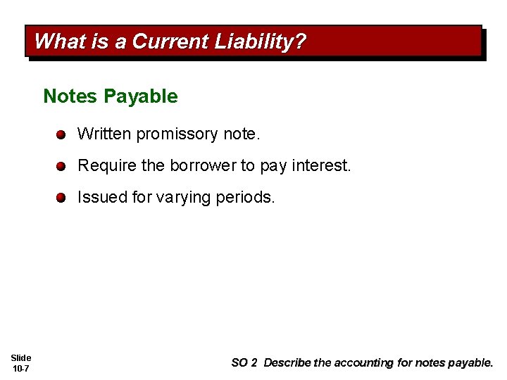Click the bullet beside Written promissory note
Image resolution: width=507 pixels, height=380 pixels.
coord(62,134)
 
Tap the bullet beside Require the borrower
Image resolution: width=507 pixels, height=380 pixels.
coord(62,166)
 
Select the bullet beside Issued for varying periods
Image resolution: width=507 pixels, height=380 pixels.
coord(62,198)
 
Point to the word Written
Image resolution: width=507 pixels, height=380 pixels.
coord(104,133)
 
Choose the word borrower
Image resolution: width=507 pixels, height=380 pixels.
coord(203,165)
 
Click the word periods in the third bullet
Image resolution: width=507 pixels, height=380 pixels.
coord(246,197)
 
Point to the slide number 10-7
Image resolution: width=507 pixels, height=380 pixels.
coord(21,368)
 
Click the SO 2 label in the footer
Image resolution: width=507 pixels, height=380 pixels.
coord(244,363)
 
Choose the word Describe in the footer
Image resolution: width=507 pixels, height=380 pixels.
coord(287,363)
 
